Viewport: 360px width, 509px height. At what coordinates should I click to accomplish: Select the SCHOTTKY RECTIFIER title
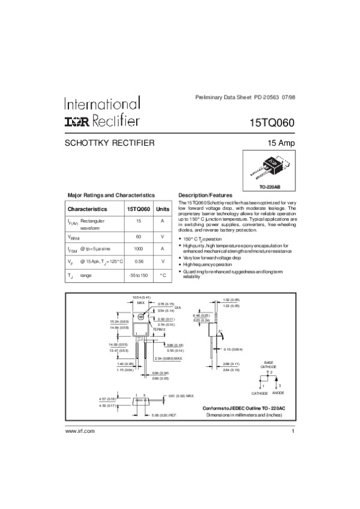[110, 143]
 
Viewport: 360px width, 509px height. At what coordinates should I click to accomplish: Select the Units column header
[163, 209]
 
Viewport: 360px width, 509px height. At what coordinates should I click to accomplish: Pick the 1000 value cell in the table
[139, 248]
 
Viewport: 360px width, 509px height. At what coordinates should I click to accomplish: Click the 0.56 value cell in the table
[139, 261]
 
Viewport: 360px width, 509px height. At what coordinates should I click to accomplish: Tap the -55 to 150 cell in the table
[139, 275]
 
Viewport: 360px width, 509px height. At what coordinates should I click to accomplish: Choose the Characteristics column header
[88, 209]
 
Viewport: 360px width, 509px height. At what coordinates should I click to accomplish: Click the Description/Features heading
[206, 195]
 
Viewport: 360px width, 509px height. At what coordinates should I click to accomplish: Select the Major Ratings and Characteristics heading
[111, 195]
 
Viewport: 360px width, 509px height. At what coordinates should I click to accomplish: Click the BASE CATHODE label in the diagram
[268, 364]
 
